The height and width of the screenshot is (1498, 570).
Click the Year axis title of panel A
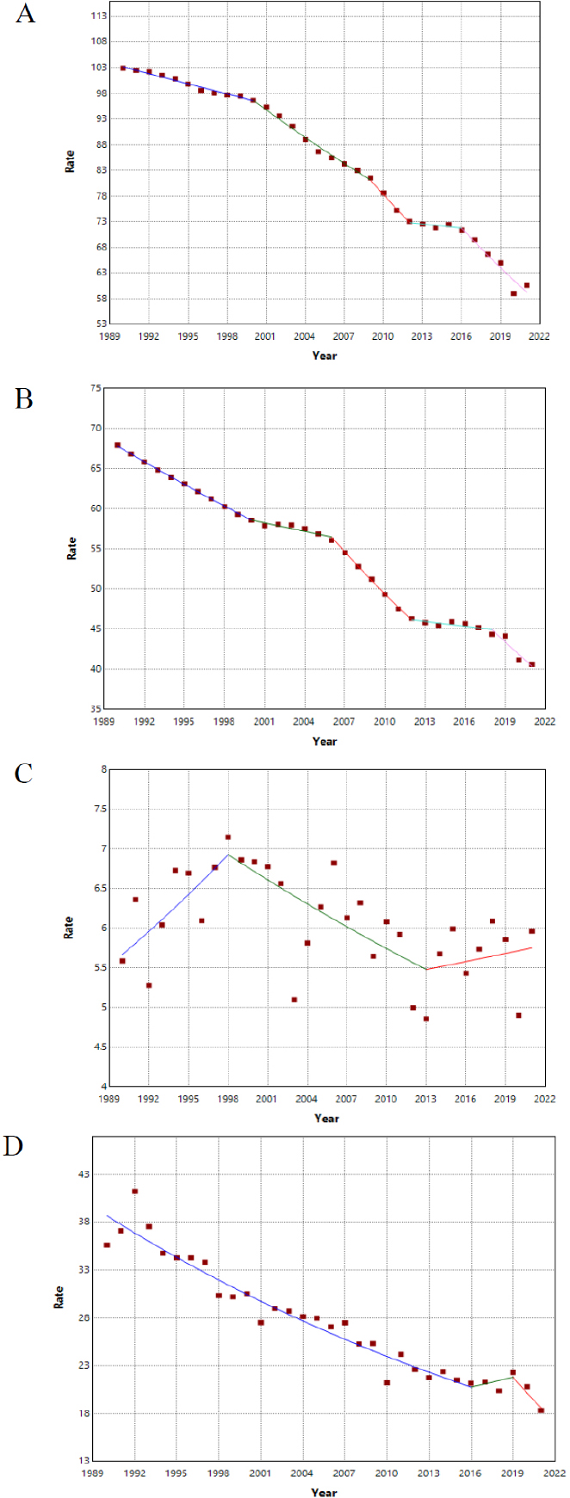325,355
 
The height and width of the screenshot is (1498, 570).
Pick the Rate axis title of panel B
71,548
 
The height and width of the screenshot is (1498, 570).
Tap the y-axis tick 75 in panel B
95,388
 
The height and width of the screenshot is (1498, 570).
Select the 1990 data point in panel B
117,445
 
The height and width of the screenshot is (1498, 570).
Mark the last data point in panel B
531,664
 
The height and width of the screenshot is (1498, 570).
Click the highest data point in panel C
228,837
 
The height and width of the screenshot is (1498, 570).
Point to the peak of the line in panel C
228,854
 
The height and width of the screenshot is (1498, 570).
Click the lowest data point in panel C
426,1019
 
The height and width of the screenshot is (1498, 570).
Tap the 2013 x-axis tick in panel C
425,1099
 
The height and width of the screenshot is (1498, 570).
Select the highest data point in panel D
134,1191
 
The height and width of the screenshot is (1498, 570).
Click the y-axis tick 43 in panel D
86,1174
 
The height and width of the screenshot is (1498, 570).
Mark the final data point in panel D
541,1410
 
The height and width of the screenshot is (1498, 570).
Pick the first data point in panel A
123,68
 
